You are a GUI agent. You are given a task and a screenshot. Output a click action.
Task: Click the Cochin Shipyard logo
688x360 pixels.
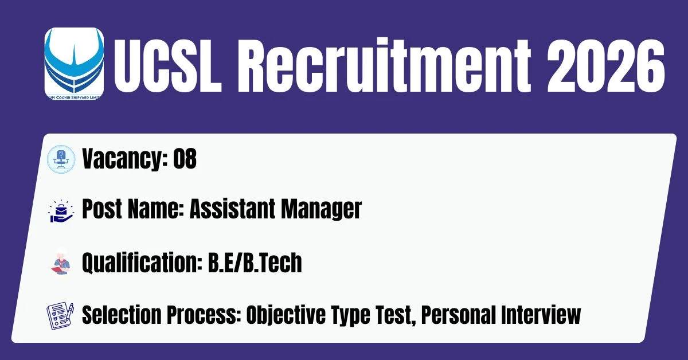pyautogui.click(x=74, y=64)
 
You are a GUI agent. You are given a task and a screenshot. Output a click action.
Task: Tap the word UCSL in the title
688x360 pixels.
pyautogui.click(x=167, y=65)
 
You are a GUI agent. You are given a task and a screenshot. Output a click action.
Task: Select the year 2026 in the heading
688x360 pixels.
pyautogui.click(x=605, y=65)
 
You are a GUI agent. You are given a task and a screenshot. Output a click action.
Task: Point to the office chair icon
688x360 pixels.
pyautogui.click(x=61, y=159)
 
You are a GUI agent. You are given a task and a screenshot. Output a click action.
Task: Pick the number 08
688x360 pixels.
pyautogui.click(x=185, y=158)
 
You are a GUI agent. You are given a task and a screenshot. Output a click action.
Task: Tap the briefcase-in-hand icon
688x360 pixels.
pyautogui.click(x=61, y=211)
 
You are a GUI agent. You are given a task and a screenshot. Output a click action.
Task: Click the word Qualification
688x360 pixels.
pyautogui.click(x=142, y=263)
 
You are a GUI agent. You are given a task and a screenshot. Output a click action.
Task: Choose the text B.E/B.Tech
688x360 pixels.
pyautogui.click(x=255, y=263)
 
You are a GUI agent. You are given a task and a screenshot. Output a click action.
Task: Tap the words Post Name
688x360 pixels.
pyautogui.click(x=132, y=209)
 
